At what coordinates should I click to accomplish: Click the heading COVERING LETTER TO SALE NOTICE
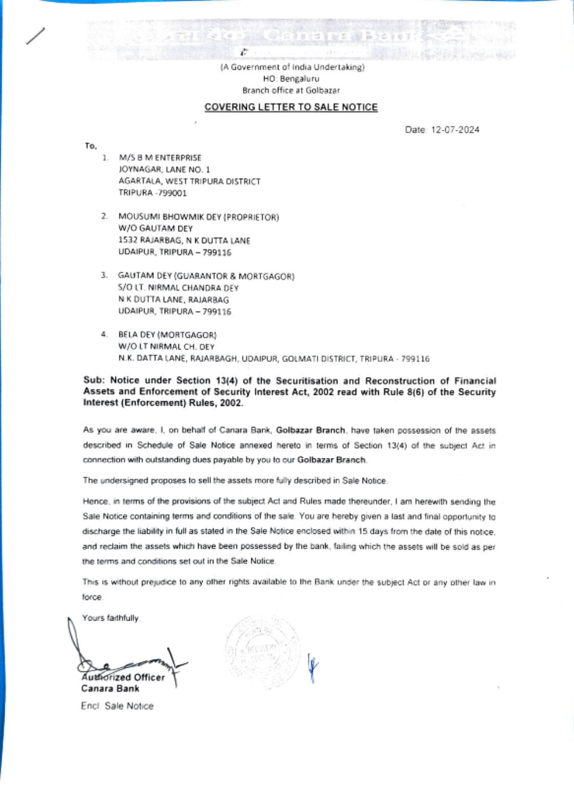[291, 107]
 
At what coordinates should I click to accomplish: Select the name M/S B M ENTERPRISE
[160, 157]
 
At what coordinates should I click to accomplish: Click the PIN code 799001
[173, 193]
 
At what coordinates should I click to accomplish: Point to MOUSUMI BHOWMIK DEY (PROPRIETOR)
[199, 217]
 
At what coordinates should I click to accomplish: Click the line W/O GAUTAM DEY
[156, 228]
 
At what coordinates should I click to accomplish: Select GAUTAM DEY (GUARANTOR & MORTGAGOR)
[206, 276]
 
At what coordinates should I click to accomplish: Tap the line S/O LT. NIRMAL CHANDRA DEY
[178, 288]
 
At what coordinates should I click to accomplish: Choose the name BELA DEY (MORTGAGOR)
[167, 334]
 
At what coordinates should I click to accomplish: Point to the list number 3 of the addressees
[104, 275]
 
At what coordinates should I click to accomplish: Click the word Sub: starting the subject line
[94, 380]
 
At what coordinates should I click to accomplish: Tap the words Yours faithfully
[110, 618]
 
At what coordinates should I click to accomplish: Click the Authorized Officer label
[123, 678]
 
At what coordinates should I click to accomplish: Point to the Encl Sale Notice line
[117, 706]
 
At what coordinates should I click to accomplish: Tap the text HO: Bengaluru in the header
[291, 79]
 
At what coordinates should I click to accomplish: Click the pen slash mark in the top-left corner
[35, 36]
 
